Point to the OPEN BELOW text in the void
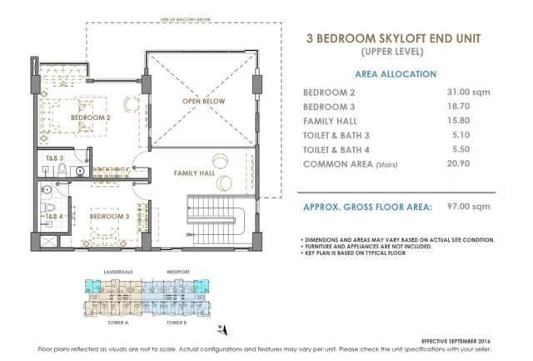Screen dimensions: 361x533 pyautogui.click(x=199, y=102)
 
